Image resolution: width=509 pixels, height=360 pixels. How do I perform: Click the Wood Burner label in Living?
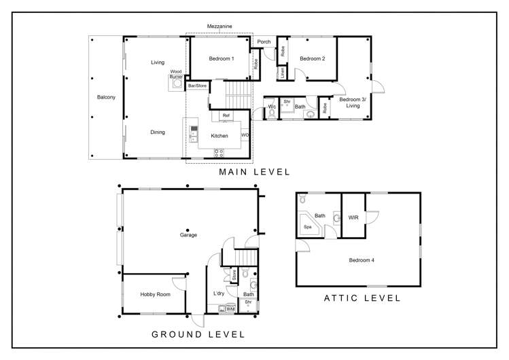click(x=176, y=74)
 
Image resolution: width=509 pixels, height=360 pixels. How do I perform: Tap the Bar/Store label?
click(x=197, y=86)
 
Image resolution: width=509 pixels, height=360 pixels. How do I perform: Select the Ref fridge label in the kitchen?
click(x=226, y=115)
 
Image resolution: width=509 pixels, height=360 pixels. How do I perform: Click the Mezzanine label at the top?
click(x=220, y=26)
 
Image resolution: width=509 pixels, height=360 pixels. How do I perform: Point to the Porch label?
click(x=264, y=42)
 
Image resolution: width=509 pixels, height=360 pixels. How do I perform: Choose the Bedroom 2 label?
click(x=313, y=58)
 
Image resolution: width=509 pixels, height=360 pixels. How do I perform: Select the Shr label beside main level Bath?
click(x=287, y=102)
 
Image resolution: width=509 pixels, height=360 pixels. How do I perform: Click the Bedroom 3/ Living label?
click(x=353, y=102)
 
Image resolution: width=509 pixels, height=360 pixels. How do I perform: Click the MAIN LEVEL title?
click(x=254, y=173)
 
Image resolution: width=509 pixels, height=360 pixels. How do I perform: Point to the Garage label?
click(x=188, y=235)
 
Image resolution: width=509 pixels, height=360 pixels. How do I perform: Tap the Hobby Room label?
click(x=156, y=294)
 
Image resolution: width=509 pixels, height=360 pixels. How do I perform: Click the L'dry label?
click(x=219, y=293)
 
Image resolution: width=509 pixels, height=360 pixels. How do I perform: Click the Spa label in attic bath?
click(x=307, y=227)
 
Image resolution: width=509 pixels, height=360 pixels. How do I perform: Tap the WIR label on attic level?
click(x=353, y=217)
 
